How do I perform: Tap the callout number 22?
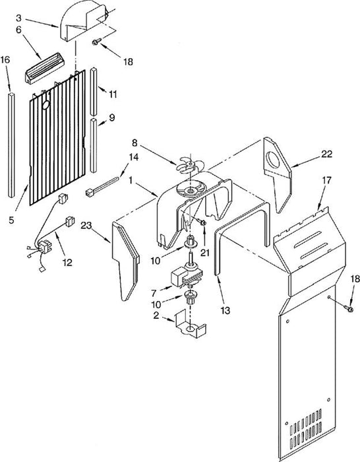(x=326, y=154)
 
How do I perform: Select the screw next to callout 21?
(x=202, y=222)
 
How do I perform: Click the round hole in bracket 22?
(x=273, y=160)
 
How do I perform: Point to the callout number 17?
(x=327, y=180)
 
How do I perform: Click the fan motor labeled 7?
(x=185, y=276)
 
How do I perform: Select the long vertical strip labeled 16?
(x=11, y=145)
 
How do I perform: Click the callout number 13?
(x=225, y=310)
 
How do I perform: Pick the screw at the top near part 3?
(x=97, y=42)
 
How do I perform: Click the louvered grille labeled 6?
(x=45, y=69)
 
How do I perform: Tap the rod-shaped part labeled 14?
(x=102, y=185)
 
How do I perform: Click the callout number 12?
(x=67, y=262)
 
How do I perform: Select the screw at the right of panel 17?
(x=349, y=308)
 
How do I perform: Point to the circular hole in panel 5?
(x=46, y=105)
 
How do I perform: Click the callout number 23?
(x=86, y=226)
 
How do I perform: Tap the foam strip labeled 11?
(x=94, y=92)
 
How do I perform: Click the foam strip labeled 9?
(x=94, y=145)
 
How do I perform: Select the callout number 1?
(x=131, y=180)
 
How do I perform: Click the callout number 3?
(x=18, y=18)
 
